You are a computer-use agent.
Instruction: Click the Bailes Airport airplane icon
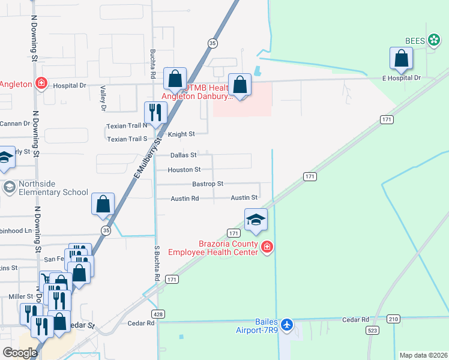(x=287, y=325)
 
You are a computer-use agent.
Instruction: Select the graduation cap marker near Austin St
(x=255, y=219)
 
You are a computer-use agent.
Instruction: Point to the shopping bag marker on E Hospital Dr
(x=401, y=59)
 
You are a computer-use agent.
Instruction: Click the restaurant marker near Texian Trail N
(x=155, y=113)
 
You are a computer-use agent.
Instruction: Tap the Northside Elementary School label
(x=45, y=188)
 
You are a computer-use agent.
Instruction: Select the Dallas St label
(x=183, y=155)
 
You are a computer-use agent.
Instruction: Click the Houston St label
(x=184, y=170)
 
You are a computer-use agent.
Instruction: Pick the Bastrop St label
(x=207, y=184)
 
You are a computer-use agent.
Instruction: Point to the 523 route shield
(x=372, y=331)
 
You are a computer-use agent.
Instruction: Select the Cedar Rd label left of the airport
(x=141, y=323)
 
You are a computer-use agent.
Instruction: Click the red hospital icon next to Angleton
(x=41, y=83)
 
